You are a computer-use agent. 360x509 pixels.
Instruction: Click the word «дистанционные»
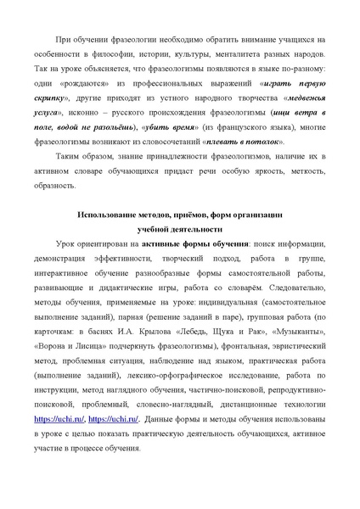(246, 407)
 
